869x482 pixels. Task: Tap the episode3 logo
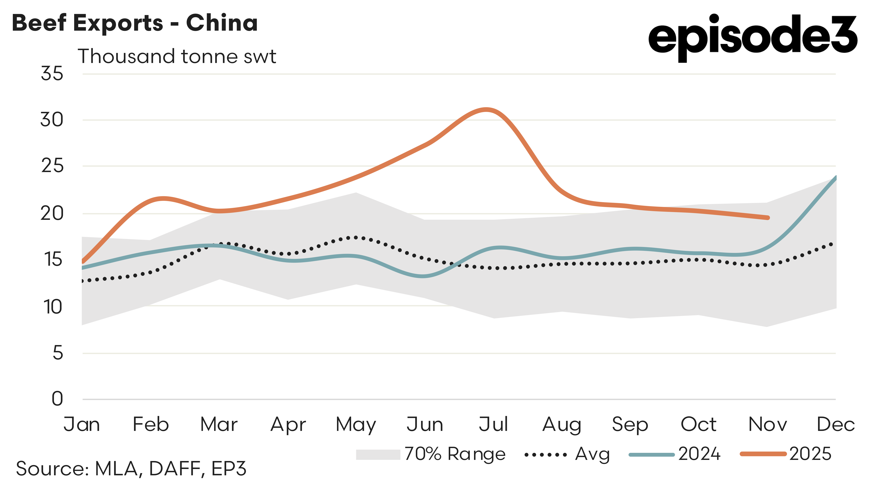752,37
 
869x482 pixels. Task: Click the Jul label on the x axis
493,424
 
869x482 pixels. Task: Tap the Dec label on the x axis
835,424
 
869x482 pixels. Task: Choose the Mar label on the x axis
219,424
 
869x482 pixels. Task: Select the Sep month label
630,424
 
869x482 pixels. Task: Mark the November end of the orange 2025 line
768,218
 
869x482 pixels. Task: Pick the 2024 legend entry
675,454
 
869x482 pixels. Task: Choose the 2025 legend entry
786,454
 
